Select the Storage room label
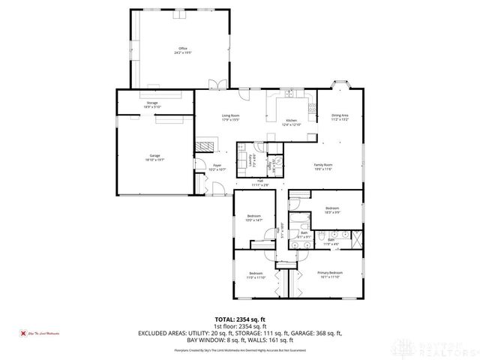(152, 103)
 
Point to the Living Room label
(229, 116)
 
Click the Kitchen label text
(291, 120)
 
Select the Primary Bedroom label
(330, 273)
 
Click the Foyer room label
(217, 166)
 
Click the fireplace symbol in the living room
(204, 146)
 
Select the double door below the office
(215, 85)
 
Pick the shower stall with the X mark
(354, 241)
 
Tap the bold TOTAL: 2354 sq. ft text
(239, 318)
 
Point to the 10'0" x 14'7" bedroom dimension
(253, 220)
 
